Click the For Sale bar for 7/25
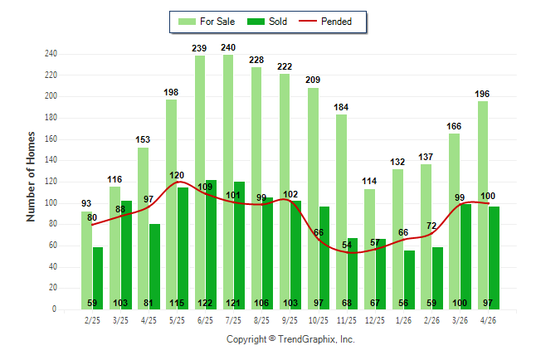click(x=228, y=182)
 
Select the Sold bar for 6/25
click(x=212, y=245)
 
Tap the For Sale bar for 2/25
click(x=86, y=260)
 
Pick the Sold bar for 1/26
click(x=410, y=280)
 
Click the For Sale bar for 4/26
click(x=483, y=206)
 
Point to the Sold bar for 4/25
click(x=154, y=266)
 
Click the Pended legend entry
click(x=325, y=22)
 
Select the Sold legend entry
click(x=267, y=22)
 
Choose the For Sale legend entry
click(x=207, y=22)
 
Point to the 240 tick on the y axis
click(x=51, y=54)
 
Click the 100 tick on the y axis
click(x=51, y=203)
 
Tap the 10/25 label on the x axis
click(x=319, y=321)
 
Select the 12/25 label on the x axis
click(x=375, y=321)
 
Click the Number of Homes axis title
click(x=31, y=177)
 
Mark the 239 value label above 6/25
click(x=199, y=49)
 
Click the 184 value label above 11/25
click(x=341, y=107)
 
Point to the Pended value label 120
click(x=177, y=175)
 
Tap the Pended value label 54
click(x=347, y=246)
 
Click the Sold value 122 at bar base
click(x=205, y=303)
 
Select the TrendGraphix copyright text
click(x=290, y=339)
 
